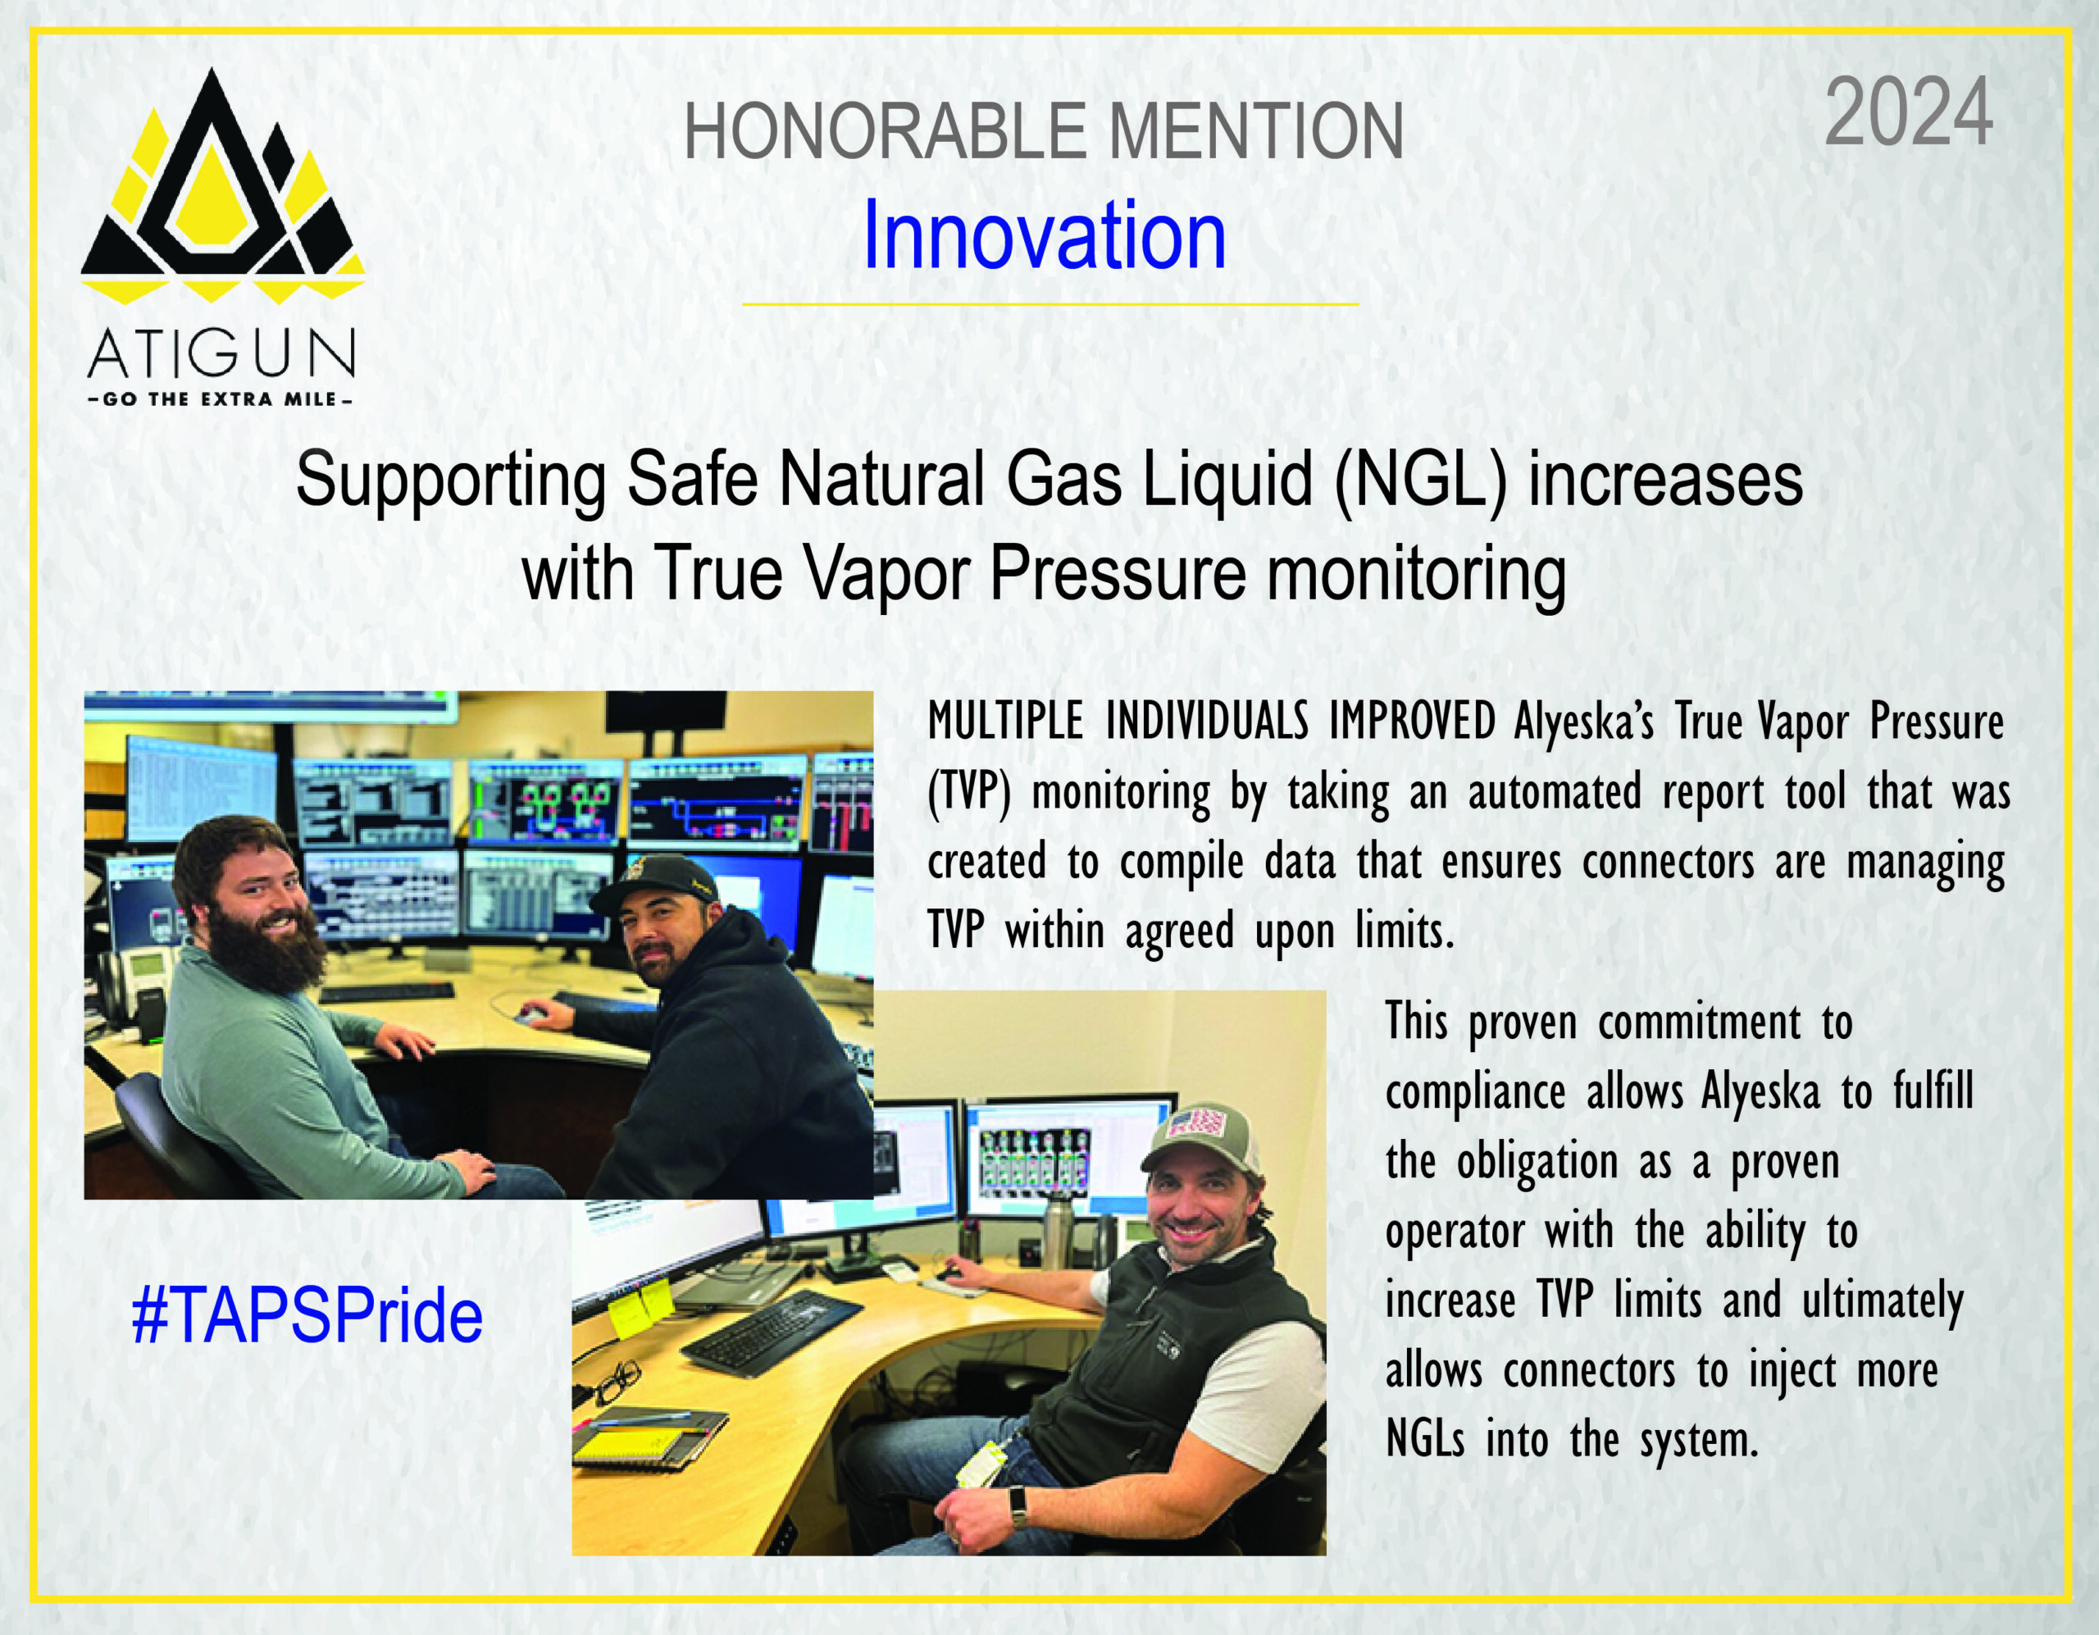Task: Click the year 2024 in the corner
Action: (1908, 112)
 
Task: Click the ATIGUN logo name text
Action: (222, 353)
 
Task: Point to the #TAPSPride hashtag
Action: (307, 1316)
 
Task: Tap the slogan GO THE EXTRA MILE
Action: (220, 399)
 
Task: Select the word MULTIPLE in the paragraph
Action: (1006, 721)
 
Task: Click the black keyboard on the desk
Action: (772, 1332)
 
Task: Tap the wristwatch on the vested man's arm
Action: (1018, 1507)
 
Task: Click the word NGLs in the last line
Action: (1426, 1441)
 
